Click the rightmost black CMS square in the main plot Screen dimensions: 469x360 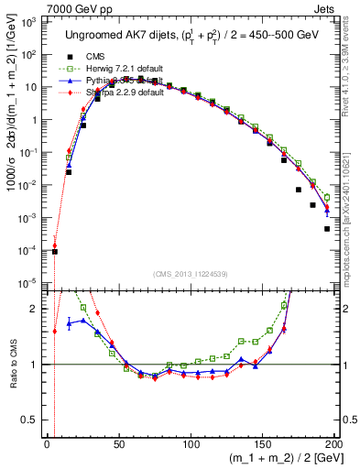(x=327, y=229)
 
